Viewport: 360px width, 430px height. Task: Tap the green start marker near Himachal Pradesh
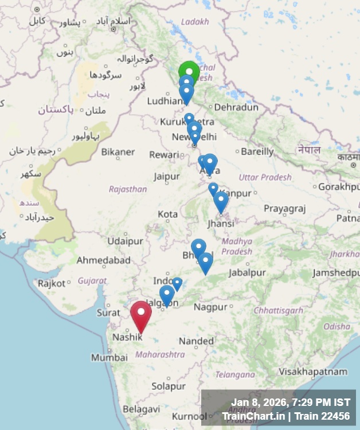coord(189,72)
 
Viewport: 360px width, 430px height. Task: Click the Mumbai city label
coord(109,357)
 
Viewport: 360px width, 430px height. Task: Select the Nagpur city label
coord(210,307)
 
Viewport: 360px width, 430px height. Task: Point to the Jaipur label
coord(167,176)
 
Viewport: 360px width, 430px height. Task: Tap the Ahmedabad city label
coord(104,260)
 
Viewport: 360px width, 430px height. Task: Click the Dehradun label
coord(236,107)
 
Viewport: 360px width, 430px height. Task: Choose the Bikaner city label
coord(118,152)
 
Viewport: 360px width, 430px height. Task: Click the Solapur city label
coord(169,386)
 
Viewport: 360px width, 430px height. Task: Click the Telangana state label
coord(234,374)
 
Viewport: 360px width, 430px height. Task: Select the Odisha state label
coord(335,326)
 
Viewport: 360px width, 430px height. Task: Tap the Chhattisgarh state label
coord(279,310)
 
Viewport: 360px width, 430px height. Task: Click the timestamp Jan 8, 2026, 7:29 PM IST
coord(291,402)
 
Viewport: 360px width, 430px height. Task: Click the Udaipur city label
coord(125,241)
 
